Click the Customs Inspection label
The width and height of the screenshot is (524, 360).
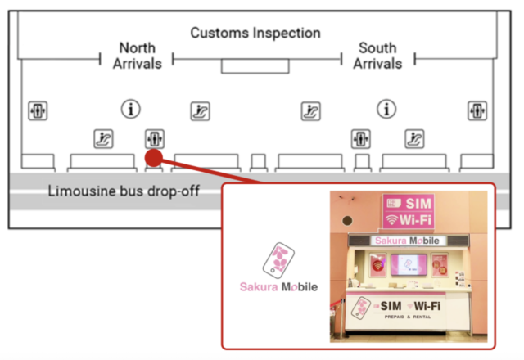point(255,34)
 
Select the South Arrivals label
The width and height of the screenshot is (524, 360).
point(377,56)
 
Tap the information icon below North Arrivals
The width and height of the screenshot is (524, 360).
point(130,108)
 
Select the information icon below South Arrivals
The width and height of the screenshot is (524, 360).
point(386,108)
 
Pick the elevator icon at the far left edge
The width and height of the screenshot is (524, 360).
point(38,110)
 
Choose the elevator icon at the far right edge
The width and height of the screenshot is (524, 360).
point(477,110)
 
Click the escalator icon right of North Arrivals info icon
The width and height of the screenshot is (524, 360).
point(201,110)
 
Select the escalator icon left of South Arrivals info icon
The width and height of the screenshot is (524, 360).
point(310,110)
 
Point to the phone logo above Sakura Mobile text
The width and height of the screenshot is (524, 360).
point(278,261)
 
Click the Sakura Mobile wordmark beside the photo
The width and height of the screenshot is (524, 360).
point(278,287)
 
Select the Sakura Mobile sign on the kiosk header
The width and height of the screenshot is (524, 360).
point(406,241)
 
